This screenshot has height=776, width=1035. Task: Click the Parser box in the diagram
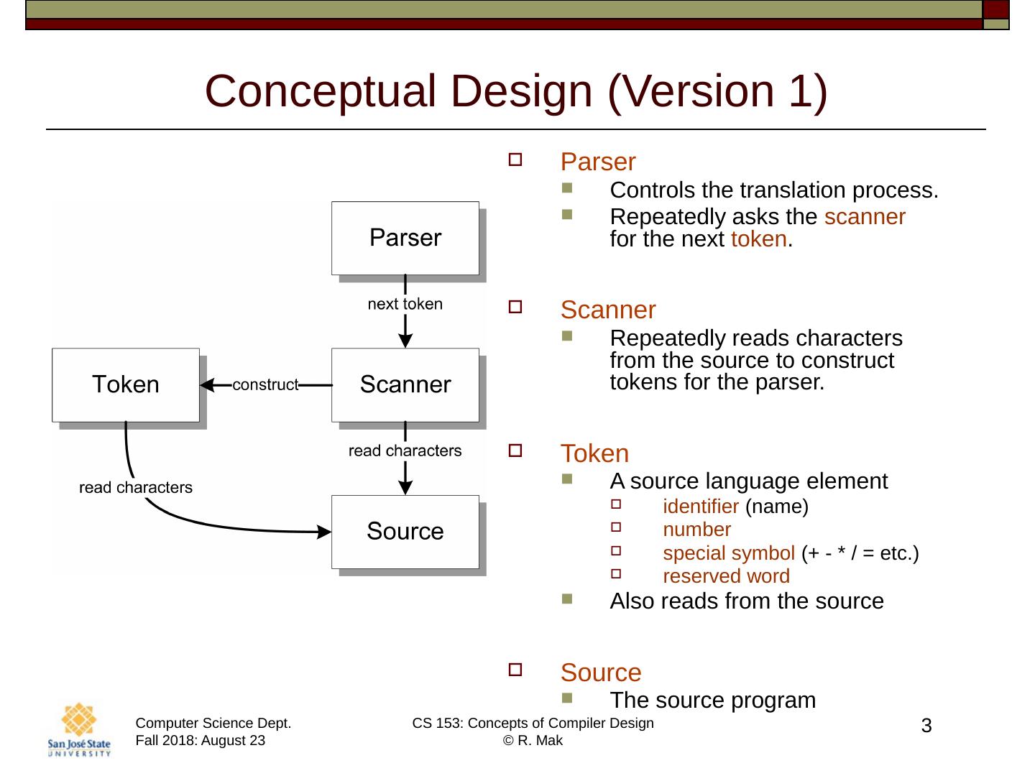[x=405, y=238]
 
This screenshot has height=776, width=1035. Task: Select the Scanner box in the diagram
[x=405, y=385]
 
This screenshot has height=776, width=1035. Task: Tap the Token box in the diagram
[x=126, y=385]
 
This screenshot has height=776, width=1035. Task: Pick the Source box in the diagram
[x=405, y=532]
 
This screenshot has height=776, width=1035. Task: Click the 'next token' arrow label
[x=405, y=304]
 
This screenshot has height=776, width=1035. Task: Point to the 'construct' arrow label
[x=264, y=385]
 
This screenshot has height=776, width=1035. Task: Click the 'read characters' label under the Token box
[x=136, y=488]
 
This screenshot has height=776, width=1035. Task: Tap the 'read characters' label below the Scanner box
[x=405, y=451]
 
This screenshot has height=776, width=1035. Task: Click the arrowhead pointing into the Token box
[x=207, y=386]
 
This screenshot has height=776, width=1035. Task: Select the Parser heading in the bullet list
[x=598, y=162]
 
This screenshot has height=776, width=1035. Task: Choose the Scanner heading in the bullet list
[x=608, y=310]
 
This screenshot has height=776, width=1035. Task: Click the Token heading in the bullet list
[x=594, y=454]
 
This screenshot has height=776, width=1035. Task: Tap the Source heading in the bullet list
[x=601, y=673]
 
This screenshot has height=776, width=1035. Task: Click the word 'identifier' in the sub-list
[x=701, y=507]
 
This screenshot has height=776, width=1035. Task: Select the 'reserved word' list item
[x=726, y=576]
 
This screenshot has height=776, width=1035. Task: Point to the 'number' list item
[x=696, y=530]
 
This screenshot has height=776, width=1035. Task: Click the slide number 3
[x=926, y=726]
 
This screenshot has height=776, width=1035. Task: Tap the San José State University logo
[x=79, y=729]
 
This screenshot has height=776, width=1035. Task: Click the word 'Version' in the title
[x=691, y=91]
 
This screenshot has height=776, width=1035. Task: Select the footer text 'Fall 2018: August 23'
[x=201, y=741]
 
